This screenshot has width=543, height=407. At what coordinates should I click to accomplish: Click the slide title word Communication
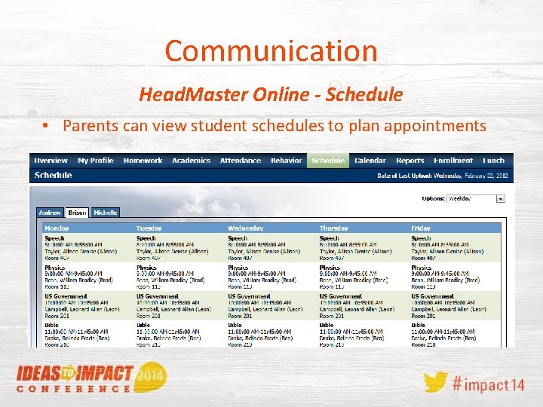[x=271, y=51]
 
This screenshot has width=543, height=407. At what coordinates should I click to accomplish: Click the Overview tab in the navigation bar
[x=51, y=161]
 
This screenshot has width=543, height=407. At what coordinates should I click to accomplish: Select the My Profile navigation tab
[x=95, y=161]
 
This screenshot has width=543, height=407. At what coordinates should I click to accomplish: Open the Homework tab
[x=143, y=161]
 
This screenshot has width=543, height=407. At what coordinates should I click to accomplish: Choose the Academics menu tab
[x=191, y=161]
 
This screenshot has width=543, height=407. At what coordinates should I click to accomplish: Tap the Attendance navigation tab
[x=240, y=161]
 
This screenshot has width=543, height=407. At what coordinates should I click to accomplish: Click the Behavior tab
[x=286, y=161]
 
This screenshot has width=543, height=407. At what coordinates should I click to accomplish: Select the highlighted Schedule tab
[x=328, y=161]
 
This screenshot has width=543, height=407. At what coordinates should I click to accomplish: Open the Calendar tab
[x=370, y=161]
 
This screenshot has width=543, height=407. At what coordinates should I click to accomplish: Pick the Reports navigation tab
[x=410, y=161]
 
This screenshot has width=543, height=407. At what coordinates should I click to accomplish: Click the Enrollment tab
[x=453, y=161]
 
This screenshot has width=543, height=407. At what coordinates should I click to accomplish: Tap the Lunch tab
[x=493, y=161]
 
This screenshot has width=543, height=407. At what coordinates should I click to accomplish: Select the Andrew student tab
[x=51, y=213]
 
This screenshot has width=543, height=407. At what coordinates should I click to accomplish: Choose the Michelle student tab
[x=106, y=213]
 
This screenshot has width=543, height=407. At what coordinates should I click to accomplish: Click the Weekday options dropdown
[x=475, y=199]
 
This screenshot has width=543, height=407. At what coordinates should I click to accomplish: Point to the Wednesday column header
[x=245, y=228]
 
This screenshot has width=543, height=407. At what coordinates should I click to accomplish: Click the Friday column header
[x=421, y=228]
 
